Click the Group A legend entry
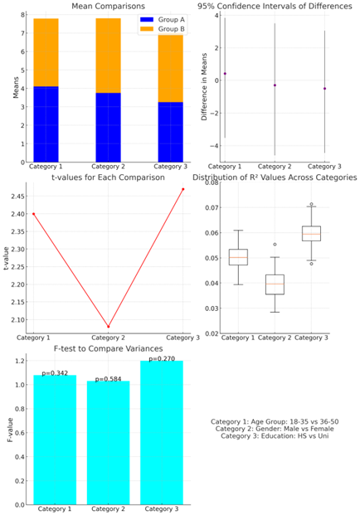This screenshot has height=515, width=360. click(163, 20)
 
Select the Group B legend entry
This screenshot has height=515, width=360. click(163, 29)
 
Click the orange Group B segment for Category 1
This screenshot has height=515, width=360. click(46, 52)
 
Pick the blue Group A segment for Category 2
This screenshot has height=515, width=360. click(108, 128)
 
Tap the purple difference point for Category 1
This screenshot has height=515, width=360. click(225, 74)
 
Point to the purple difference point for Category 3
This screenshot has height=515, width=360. click(324, 89)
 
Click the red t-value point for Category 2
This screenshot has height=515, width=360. click(109, 327)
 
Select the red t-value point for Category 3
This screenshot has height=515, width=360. click(183, 189)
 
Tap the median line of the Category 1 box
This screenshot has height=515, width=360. click(238, 257)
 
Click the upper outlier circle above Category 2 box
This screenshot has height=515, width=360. click(275, 245)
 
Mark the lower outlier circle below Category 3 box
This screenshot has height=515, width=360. click(311, 264)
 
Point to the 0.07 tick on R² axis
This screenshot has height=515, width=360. click(212, 207)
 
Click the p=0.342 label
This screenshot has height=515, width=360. click(55, 373)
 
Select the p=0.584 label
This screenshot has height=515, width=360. click(108, 379)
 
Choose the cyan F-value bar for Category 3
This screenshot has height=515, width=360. click(162, 433)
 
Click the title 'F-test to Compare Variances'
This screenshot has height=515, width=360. click(108, 348)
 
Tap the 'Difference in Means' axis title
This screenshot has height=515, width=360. click(204, 87)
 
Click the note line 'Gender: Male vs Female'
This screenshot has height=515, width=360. click(275, 429)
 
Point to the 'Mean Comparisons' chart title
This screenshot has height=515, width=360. click(108, 7)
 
